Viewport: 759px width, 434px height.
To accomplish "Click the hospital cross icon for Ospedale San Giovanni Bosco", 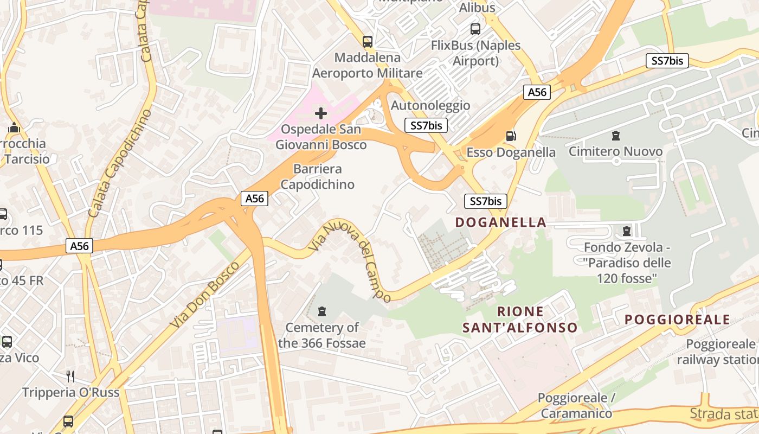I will pyautogui.click(x=321, y=113).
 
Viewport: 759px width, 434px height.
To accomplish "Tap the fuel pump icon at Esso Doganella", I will pyautogui.click(x=511, y=136).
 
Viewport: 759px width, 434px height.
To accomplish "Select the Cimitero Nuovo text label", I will pyautogui.click(x=615, y=151).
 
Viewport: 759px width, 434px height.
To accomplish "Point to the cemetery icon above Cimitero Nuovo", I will pyautogui.click(x=615, y=135).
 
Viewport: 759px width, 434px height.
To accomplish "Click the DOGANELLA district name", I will pyautogui.click(x=500, y=222).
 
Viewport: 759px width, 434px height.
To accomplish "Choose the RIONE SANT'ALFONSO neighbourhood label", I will pyautogui.click(x=520, y=320).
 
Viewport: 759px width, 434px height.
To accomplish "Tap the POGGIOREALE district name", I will pyautogui.click(x=677, y=320).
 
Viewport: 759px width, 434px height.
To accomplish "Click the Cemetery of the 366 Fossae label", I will pyautogui.click(x=322, y=335).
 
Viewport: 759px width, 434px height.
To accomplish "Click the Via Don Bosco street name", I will pyautogui.click(x=204, y=295).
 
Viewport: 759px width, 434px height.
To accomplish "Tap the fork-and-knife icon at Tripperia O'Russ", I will pyautogui.click(x=70, y=375).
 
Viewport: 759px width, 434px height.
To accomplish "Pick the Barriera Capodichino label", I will pyautogui.click(x=317, y=177).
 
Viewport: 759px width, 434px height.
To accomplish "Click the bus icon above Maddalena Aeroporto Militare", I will pyautogui.click(x=368, y=41).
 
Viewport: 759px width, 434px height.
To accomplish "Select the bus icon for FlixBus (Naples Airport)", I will pyautogui.click(x=475, y=29).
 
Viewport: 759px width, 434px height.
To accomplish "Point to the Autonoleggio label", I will pyautogui.click(x=430, y=105).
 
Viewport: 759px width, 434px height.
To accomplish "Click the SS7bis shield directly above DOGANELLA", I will pyautogui.click(x=486, y=201).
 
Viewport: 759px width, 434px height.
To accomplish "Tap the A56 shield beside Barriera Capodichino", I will pyautogui.click(x=254, y=199).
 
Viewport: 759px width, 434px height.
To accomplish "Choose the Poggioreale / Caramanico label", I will pyautogui.click(x=576, y=405).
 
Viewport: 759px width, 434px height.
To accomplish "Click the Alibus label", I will pyautogui.click(x=477, y=8).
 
